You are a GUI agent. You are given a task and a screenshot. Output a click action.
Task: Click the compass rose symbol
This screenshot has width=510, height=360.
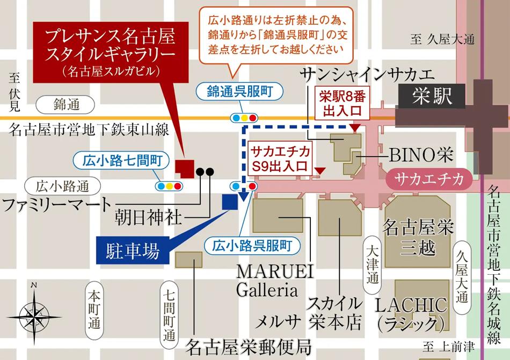coord(34,311)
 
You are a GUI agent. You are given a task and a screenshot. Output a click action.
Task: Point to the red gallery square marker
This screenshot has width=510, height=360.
coord(186,168)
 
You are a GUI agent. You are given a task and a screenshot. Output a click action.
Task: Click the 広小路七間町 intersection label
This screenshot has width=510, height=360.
coord(121,160)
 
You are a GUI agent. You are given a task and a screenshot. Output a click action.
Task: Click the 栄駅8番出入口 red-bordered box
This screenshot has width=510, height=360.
coord(343,104)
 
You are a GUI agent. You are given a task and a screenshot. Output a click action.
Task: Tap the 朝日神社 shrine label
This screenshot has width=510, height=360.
coord(149,217)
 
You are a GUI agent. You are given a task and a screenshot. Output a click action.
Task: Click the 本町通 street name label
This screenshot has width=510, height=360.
coord(94,309)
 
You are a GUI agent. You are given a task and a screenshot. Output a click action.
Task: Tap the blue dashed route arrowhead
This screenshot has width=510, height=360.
coord(245,196)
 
